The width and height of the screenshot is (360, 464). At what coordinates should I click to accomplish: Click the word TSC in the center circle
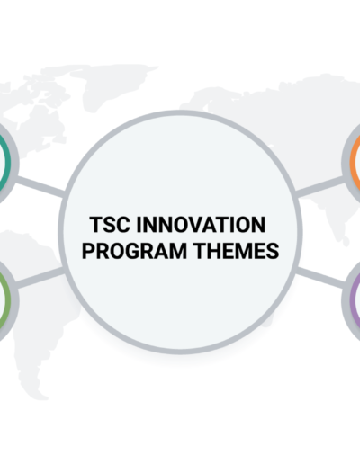tap(110, 225)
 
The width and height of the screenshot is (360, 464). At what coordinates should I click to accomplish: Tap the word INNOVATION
tap(201, 225)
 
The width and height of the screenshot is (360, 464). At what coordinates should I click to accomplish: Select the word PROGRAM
tap(134, 251)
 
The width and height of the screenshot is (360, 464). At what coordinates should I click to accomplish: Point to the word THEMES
tap(236, 251)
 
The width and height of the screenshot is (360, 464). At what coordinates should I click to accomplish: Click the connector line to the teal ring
tap(40, 186)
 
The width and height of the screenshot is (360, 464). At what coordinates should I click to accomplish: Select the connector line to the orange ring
tap(319, 186)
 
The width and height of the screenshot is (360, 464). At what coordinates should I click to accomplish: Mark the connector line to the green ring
tap(40, 278)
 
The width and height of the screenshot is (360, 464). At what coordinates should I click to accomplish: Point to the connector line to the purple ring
tap(319, 278)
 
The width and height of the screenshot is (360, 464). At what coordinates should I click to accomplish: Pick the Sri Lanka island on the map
tap(346, 241)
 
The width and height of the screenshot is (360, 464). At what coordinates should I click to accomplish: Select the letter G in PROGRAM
tap(144, 251)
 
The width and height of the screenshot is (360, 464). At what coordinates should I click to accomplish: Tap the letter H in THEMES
tap(214, 251)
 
